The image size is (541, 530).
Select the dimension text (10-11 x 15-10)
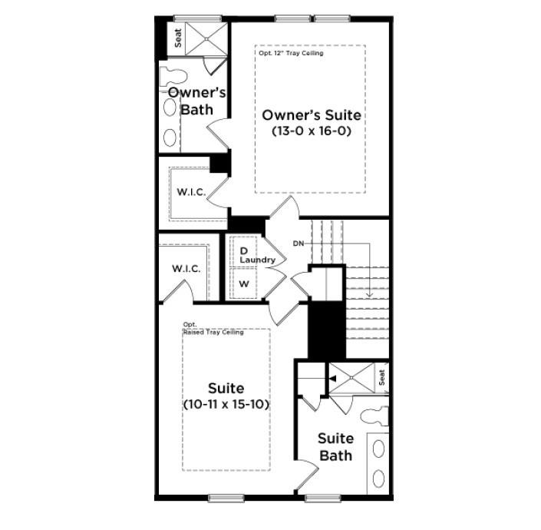pos(226,403)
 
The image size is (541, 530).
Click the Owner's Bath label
pos(196,101)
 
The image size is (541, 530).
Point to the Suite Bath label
pos(336,447)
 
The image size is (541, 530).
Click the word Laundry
pos(257,260)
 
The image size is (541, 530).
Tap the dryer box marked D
pos(243,250)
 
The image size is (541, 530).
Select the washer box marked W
pos(244,283)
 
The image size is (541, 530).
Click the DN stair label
pos(299,244)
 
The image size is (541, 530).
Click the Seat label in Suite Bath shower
pos(381,378)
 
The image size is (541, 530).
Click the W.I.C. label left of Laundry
pos(186,269)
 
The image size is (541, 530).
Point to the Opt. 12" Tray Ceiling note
pos(291,53)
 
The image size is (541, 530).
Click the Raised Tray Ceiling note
pos(214,332)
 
